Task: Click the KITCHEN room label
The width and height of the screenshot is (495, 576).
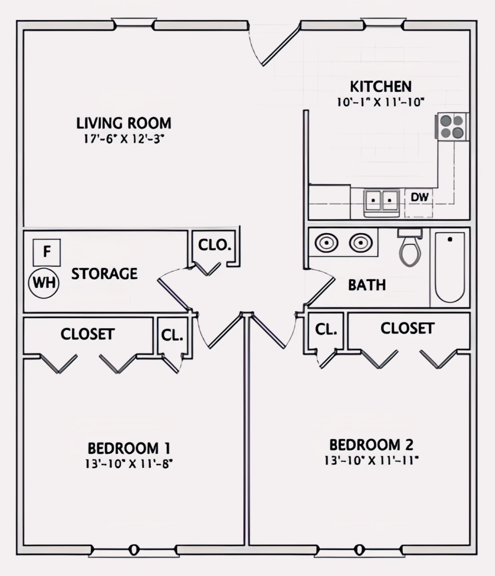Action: pyautogui.click(x=380, y=86)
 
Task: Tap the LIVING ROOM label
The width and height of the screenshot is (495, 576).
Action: pyautogui.click(x=124, y=123)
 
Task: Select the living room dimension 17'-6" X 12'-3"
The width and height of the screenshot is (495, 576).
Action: pyautogui.click(x=124, y=139)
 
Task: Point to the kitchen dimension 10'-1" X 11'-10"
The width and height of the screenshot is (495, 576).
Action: pyautogui.click(x=380, y=102)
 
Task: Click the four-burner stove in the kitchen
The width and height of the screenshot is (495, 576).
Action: pyautogui.click(x=452, y=126)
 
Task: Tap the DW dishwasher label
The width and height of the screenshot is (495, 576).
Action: pyautogui.click(x=420, y=197)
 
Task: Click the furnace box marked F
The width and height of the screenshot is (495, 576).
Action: pyautogui.click(x=47, y=252)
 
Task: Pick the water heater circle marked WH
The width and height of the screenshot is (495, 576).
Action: pyautogui.click(x=44, y=283)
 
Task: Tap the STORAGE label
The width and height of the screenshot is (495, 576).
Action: pyautogui.click(x=105, y=274)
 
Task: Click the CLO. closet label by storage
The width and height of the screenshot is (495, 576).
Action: pyautogui.click(x=215, y=245)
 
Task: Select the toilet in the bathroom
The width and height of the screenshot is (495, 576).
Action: pyautogui.click(x=410, y=247)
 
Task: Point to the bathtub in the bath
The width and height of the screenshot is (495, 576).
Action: pyautogui.click(x=450, y=267)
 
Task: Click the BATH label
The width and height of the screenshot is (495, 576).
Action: pyautogui.click(x=367, y=285)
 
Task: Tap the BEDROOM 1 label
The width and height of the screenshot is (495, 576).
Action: pyautogui.click(x=129, y=448)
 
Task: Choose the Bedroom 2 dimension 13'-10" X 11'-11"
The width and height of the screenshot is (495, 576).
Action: pyautogui.click(x=372, y=460)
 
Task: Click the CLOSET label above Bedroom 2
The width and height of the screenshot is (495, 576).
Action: pyautogui.click(x=408, y=328)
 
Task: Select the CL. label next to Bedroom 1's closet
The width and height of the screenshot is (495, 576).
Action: pyautogui.click(x=172, y=335)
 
